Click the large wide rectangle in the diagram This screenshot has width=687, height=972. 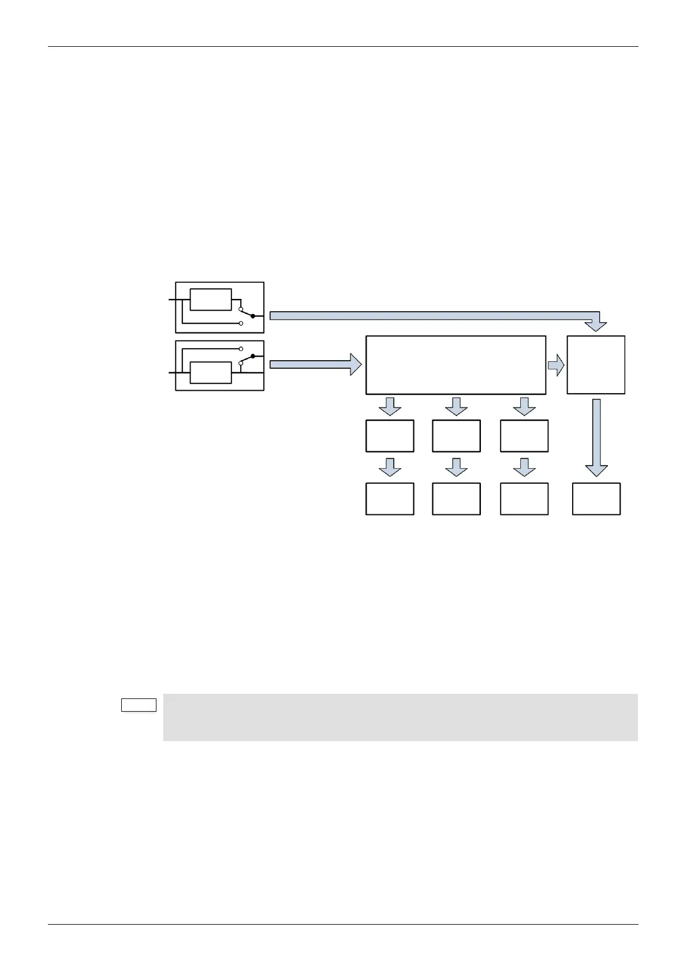pos(455,365)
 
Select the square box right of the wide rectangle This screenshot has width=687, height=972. pos(596,365)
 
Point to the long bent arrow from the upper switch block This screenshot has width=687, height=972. pos(433,315)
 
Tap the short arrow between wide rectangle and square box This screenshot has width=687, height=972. pos(556,365)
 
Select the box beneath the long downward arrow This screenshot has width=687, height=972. pos(596,499)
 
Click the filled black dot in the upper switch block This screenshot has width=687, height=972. pos(252,316)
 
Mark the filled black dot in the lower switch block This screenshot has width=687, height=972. pos(252,357)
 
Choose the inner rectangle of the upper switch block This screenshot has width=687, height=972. pos(211,300)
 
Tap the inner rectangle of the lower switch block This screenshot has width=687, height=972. pos(211,373)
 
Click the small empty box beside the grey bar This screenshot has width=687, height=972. pos(139,705)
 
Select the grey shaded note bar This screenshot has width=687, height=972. pos(400,717)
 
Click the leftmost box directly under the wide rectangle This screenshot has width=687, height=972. pos(390,436)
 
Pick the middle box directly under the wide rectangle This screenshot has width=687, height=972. pos(456,436)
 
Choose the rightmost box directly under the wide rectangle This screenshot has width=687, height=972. pos(524,436)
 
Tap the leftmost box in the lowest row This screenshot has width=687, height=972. pos(390,499)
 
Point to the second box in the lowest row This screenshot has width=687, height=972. pos(456,499)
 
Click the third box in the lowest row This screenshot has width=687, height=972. pos(524,499)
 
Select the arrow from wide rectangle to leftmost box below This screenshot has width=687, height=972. pos(390,406)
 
